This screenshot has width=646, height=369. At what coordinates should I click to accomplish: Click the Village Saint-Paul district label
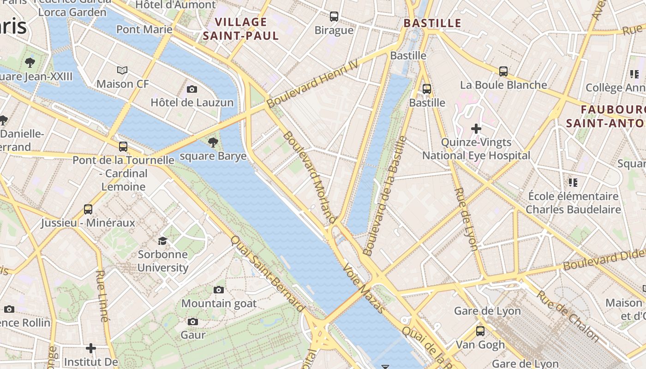[241, 29]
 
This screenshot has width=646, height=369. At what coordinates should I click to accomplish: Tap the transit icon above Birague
[334, 17]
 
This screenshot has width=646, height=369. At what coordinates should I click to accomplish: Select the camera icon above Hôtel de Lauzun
[192, 89]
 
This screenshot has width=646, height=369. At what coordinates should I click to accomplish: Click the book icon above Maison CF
[122, 70]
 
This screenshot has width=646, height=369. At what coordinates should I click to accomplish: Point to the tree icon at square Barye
[213, 142]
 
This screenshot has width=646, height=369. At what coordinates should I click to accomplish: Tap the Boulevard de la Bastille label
[385, 196]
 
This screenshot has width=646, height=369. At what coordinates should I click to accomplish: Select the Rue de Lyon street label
[466, 219]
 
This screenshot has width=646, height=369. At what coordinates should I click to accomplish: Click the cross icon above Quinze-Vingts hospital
[476, 128]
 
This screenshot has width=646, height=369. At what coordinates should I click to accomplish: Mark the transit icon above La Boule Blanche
[503, 71]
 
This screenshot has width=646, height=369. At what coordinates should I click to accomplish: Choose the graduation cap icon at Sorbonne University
[162, 241]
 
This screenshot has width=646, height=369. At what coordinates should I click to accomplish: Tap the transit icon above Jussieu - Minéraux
[88, 209]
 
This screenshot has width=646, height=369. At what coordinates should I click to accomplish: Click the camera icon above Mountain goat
[219, 290]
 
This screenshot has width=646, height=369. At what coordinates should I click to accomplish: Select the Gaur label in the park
[193, 334]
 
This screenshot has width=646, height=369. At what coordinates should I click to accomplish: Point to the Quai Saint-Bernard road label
[268, 274]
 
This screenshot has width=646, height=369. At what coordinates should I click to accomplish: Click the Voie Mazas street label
[364, 289]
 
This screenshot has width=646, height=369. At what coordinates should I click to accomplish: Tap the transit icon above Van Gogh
[480, 331]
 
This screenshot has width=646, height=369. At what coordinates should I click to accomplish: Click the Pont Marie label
[144, 30]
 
